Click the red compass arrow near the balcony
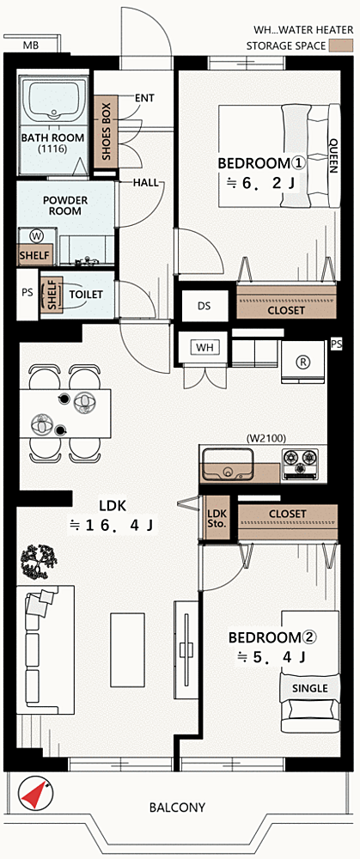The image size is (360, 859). [x=35, y=795]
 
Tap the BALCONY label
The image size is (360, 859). [x=178, y=807]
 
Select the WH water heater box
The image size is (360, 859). [x=204, y=347]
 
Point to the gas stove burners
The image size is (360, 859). [x=300, y=464]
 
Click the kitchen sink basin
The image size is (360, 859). [x=227, y=464]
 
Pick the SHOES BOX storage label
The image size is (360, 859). [x=107, y=131]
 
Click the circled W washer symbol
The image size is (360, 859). [x=37, y=236]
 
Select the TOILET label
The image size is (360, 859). [x=86, y=294]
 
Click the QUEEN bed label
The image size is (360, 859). [x=333, y=155]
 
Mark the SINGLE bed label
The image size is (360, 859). [x=309, y=688]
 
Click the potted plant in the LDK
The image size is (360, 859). [x=40, y=563]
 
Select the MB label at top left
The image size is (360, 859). [x=31, y=45]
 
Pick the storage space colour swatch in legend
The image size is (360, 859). [x=339, y=46]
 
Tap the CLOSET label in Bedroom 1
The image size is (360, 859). [x=286, y=311]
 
